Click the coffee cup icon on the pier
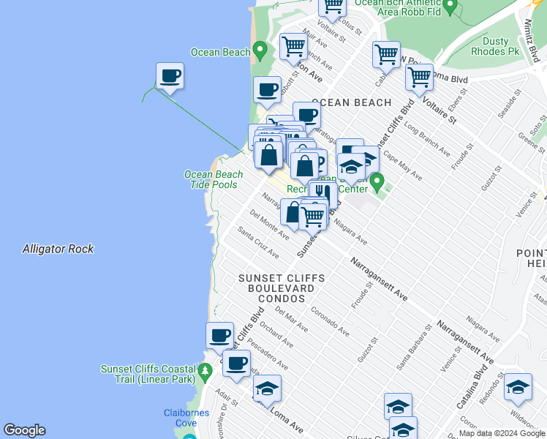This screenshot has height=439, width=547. [170, 75]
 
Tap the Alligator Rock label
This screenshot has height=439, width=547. [58, 249]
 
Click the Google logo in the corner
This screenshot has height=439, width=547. [24, 430]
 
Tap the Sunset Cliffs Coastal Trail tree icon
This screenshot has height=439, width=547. [205, 370]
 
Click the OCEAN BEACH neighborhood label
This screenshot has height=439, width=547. [352, 102]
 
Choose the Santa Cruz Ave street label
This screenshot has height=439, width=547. [258, 242]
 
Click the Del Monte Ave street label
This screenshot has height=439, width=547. [268, 225]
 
